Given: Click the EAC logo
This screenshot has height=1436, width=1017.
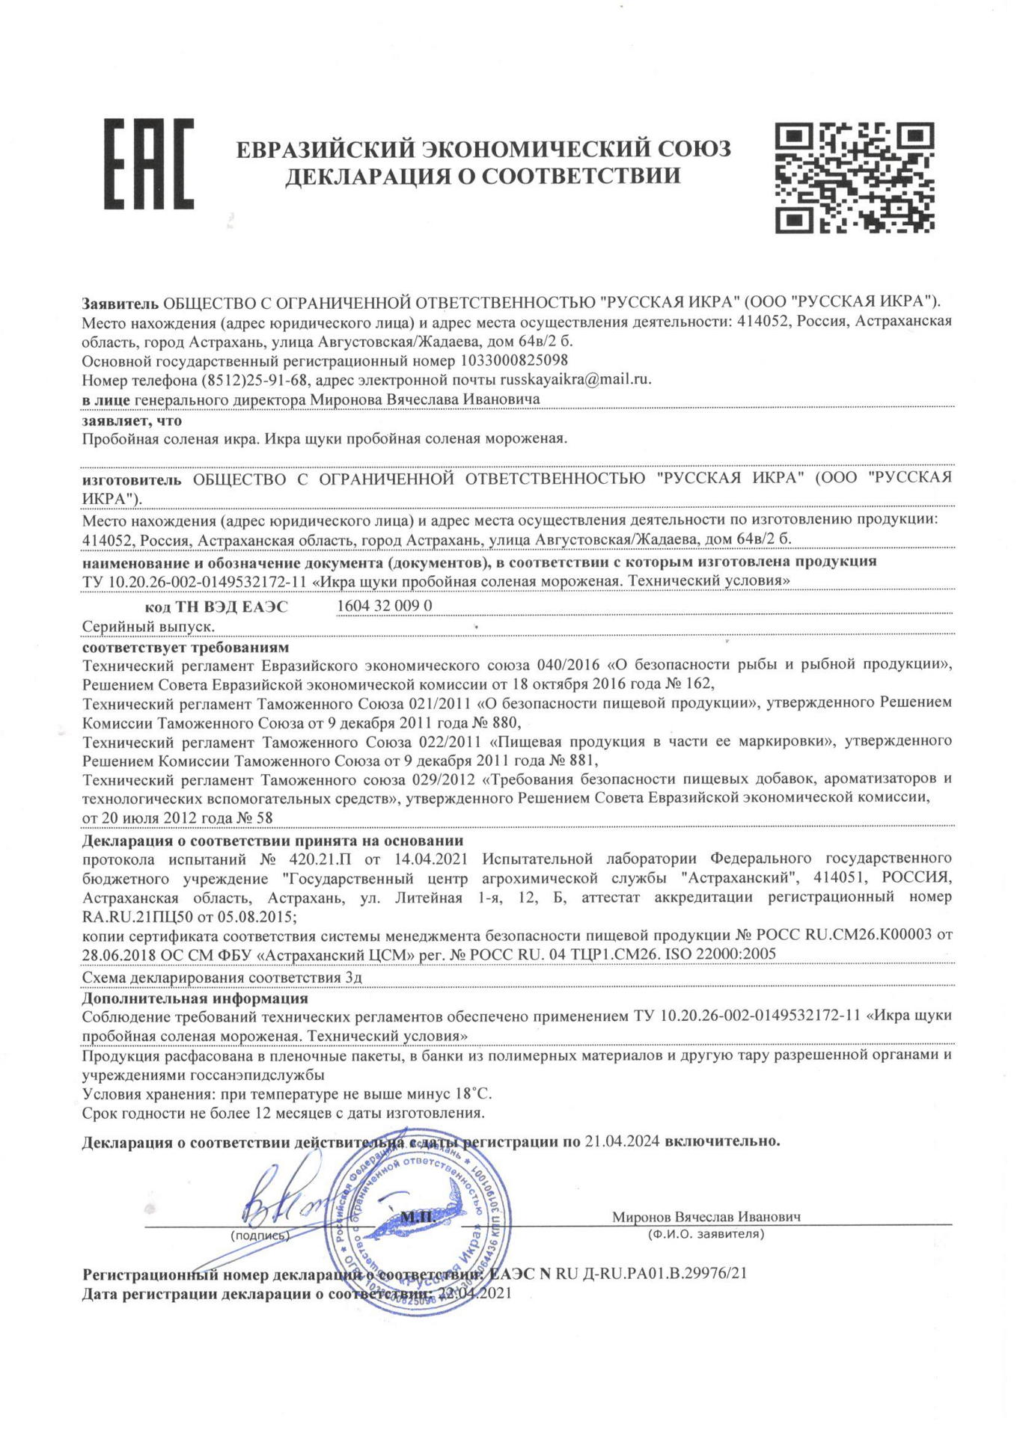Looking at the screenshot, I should [x=148, y=163].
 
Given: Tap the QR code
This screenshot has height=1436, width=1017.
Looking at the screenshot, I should [x=854, y=177].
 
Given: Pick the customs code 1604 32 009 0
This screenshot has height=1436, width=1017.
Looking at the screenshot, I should [x=385, y=605].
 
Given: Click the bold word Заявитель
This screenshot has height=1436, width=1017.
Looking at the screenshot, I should [x=120, y=302].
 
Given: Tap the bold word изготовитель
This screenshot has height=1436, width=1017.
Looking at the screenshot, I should [x=132, y=479].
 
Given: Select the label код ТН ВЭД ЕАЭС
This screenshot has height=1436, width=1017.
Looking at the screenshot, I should [x=216, y=607].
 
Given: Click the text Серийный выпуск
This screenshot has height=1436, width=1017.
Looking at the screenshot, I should [x=149, y=626].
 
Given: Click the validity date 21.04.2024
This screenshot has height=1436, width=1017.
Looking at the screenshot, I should [x=622, y=1141].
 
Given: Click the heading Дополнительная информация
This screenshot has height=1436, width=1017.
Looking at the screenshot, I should [x=195, y=998].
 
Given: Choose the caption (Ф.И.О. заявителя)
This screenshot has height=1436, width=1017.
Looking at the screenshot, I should [x=706, y=1234].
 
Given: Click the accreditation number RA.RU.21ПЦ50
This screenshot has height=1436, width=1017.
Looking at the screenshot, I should [x=141, y=915].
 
